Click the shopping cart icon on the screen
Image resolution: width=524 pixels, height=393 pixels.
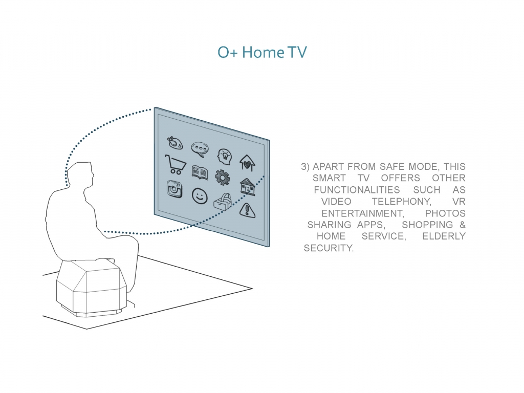[x=175, y=164]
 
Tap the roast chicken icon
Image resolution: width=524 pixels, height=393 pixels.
[x=175, y=143]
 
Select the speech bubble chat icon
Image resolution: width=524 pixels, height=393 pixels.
[x=200, y=149]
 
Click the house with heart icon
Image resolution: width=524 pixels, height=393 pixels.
[x=247, y=163]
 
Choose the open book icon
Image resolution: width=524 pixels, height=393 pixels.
[x=200, y=172]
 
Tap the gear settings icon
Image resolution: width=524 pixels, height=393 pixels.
[x=223, y=177]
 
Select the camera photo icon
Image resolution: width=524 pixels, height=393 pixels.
[x=174, y=189]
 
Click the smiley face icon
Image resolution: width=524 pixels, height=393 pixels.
[x=200, y=195]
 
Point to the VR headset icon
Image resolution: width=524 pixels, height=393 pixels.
[x=223, y=202]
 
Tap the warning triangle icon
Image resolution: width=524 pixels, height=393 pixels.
[x=247, y=210]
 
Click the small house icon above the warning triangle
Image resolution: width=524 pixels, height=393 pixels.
[x=248, y=187]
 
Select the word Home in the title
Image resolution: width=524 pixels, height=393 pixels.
[x=264, y=52]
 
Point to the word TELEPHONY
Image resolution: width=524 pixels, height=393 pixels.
[x=402, y=202]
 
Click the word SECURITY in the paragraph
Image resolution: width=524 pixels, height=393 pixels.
[x=329, y=248]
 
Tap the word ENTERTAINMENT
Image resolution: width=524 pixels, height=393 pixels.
[x=363, y=213]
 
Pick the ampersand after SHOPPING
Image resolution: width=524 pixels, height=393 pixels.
[x=463, y=225]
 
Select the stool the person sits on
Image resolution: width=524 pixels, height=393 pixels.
[x=91, y=288]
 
